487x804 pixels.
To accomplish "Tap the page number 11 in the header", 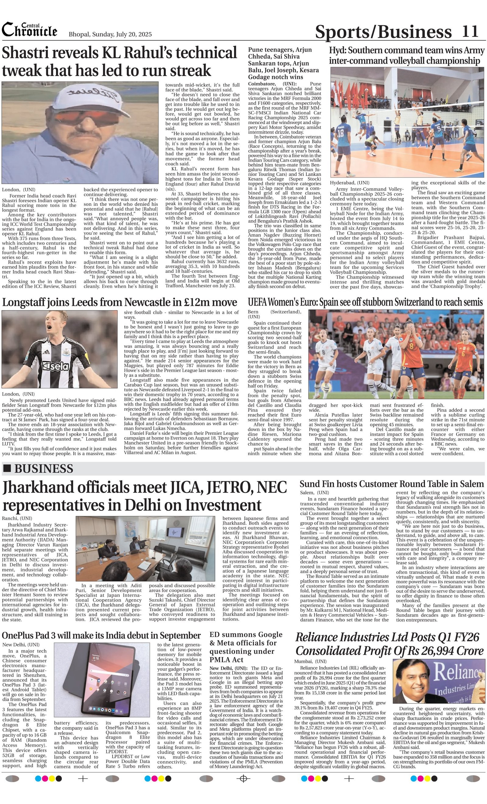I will (470, 32).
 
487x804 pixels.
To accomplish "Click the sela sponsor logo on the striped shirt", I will (57, 366).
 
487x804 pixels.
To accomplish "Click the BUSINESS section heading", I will (44, 469).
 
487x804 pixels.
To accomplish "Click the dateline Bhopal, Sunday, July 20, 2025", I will (110, 34).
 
